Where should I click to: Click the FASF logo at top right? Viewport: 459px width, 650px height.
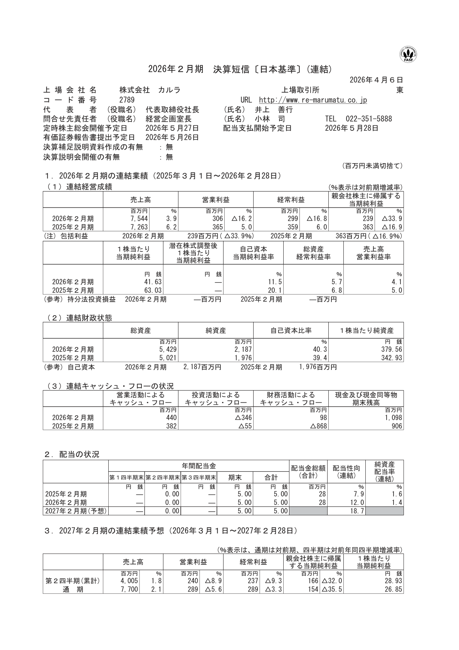409,55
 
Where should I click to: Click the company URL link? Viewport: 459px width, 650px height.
313,100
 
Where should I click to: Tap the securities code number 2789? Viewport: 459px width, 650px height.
126,100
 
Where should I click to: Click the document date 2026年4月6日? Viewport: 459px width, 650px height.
376,80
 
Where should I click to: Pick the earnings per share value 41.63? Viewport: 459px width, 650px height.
153,282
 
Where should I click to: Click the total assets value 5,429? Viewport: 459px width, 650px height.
168,349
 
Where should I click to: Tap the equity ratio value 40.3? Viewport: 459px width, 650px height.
320,349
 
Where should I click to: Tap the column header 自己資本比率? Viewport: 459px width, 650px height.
291,331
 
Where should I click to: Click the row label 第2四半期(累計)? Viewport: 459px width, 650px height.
73,581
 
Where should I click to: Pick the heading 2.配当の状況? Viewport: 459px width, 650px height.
72,454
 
